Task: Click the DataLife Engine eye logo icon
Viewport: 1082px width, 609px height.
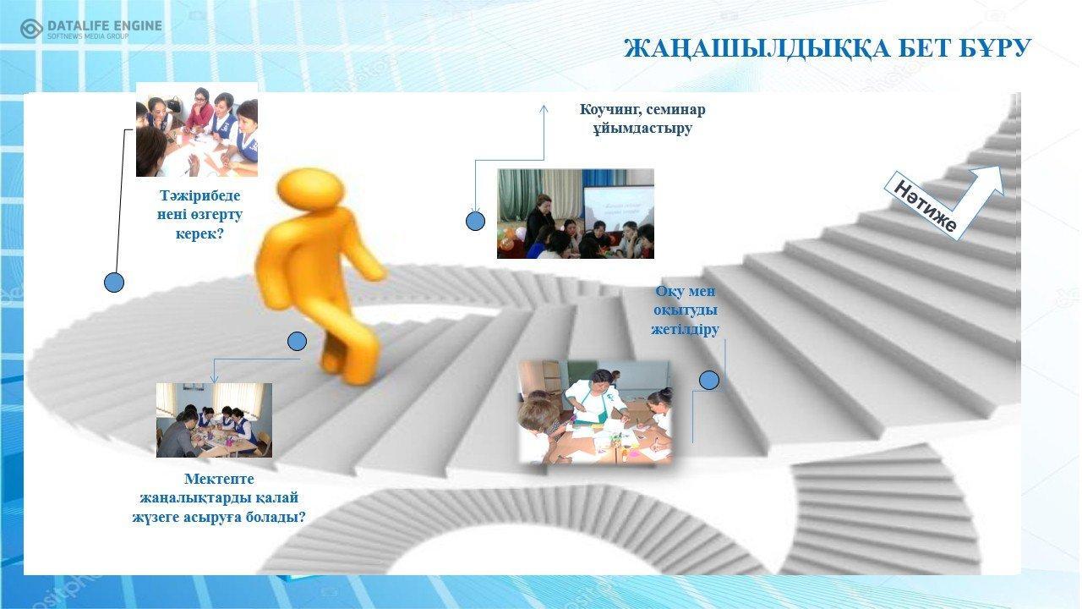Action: [x=31, y=29]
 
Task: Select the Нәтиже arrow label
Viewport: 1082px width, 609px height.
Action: [x=925, y=207]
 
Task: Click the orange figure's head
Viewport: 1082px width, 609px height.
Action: [x=311, y=189]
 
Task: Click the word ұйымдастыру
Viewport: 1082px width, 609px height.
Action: [x=642, y=128]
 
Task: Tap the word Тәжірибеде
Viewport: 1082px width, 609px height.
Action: [x=199, y=195]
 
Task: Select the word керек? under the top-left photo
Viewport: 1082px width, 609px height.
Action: [x=199, y=234]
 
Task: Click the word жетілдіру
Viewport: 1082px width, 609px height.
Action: [x=685, y=329]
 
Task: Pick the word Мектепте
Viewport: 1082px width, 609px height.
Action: [x=219, y=479]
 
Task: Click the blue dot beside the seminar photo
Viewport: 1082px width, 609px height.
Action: [x=475, y=221]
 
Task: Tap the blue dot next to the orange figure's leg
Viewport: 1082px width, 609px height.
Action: [x=297, y=341]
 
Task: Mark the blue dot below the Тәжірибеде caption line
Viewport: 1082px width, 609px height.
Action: [x=114, y=283]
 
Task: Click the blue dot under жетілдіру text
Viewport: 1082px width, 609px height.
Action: [x=708, y=380]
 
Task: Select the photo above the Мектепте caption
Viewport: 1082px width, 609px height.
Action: [x=214, y=420]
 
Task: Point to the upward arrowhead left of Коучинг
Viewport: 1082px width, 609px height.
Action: [x=544, y=109]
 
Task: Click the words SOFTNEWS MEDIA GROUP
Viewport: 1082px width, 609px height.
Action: [x=88, y=36]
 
